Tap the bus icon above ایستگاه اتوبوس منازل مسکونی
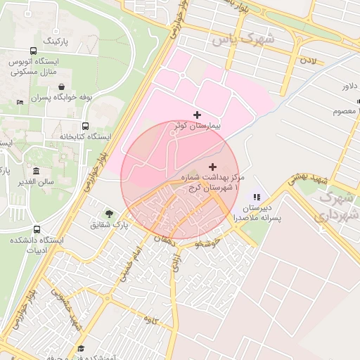[x=33, y=51]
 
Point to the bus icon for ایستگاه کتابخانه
[x=86, y=126]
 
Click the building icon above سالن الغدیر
[x=36, y=172]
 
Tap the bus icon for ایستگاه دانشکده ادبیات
[x=37, y=229]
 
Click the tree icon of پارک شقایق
[x=109, y=213]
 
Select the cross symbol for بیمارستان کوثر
[x=196, y=114]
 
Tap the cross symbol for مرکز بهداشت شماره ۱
[x=212, y=167]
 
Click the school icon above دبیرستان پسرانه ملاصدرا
[x=257, y=198]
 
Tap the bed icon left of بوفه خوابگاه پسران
[x=20, y=103]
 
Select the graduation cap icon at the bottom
[x=80, y=348]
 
